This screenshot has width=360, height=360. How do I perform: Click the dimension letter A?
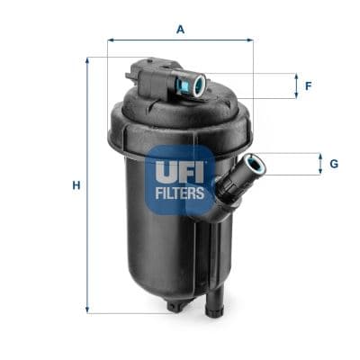click(x=180, y=29)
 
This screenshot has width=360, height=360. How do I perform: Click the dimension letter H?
click(x=76, y=185)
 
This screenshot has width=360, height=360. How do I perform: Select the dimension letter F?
click(x=308, y=86)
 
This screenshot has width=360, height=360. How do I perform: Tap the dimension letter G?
click(x=334, y=164)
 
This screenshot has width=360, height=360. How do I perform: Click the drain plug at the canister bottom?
click(x=175, y=307)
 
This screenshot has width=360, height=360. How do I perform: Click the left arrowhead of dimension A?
click(x=111, y=40)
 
